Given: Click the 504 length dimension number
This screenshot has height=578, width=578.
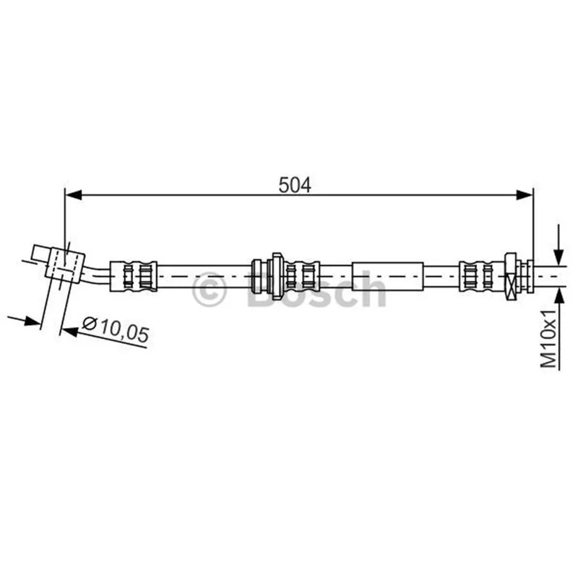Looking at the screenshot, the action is [x=295, y=185].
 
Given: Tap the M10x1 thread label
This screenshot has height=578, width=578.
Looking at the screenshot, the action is [x=548, y=338].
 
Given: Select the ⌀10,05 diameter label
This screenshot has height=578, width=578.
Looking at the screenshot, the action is [x=116, y=329].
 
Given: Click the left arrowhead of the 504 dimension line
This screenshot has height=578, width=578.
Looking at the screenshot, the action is [x=73, y=195].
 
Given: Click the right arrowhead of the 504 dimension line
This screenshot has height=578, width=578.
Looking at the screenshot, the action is [x=525, y=195].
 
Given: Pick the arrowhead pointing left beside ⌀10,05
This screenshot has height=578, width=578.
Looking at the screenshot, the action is [x=69, y=331].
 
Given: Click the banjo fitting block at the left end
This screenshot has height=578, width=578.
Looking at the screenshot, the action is [x=65, y=264].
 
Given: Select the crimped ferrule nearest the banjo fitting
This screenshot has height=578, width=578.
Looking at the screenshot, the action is [x=134, y=276].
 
